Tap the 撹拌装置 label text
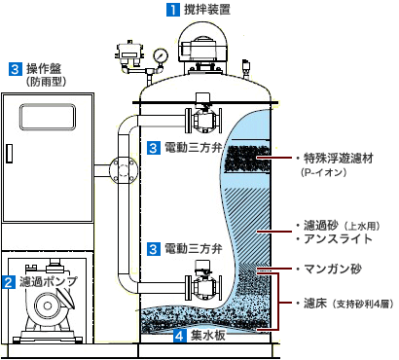click(208, 11)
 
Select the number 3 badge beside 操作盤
click(16, 69)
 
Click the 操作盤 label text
click(46, 69)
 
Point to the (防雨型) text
click(47, 84)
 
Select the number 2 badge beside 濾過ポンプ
click(8, 283)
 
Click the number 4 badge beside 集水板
click(179, 337)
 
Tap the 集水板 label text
click(208, 337)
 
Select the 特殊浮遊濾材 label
click(341, 157)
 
